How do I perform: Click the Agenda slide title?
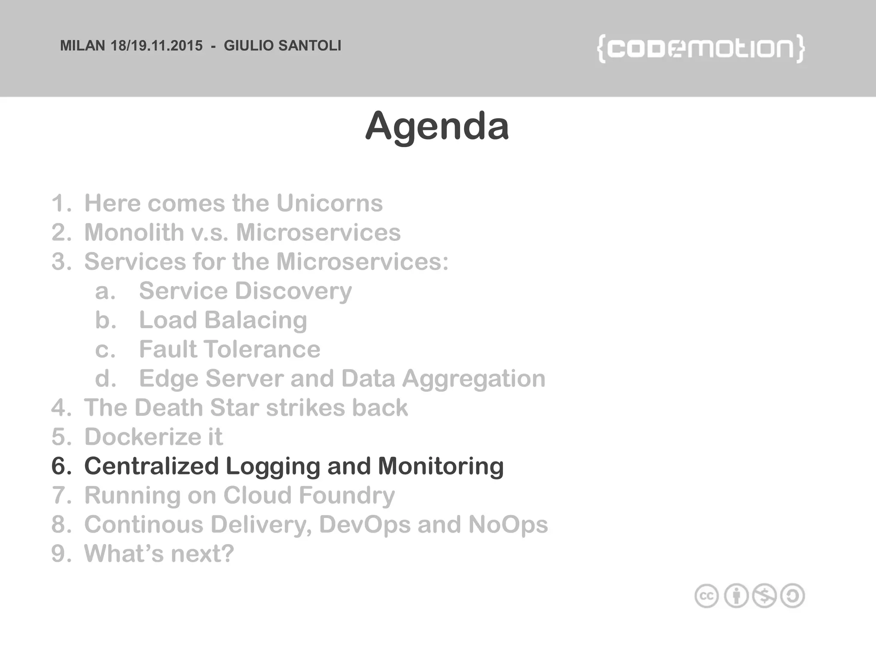[437, 126]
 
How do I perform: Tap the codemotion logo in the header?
[700, 49]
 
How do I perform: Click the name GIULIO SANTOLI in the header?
[282, 46]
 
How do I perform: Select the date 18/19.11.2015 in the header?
[157, 46]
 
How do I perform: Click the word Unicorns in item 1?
[329, 203]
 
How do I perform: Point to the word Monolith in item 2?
[134, 232]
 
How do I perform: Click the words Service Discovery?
[245, 291]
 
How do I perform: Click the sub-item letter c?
[105, 349]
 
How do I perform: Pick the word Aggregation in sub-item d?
[474, 379]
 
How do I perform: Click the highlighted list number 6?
[61, 466]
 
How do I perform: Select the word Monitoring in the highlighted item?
[441, 466]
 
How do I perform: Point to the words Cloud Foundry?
[309, 495]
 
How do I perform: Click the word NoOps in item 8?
[508, 524]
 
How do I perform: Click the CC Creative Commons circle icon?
[706, 596]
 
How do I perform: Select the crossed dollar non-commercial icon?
[764, 596]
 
